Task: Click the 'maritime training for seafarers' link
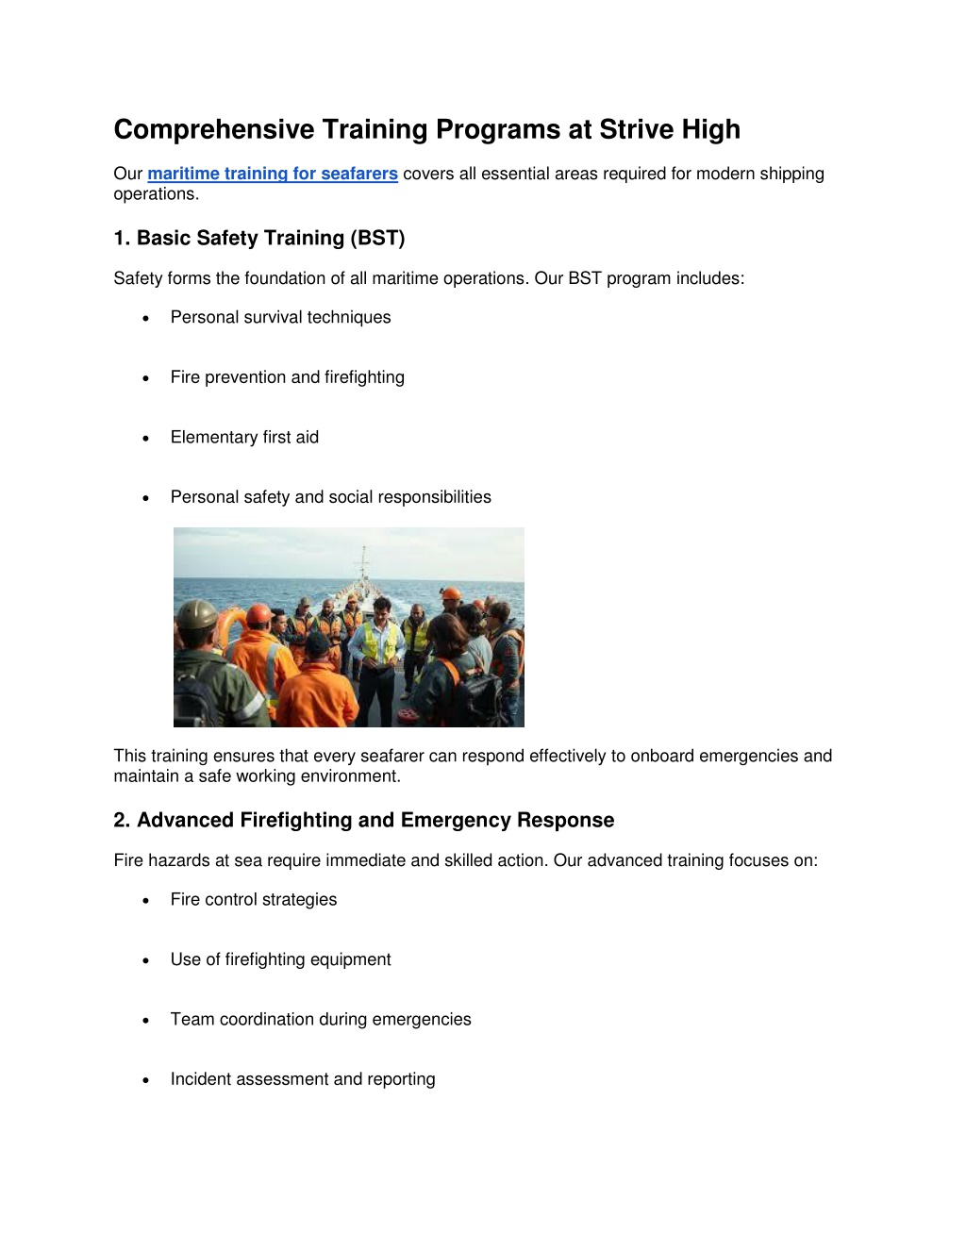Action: (x=272, y=174)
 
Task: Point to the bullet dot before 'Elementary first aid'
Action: (x=146, y=439)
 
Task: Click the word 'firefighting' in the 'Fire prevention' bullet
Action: (x=364, y=377)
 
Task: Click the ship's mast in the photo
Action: (x=364, y=564)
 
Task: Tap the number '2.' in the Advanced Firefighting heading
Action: (x=122, y=820)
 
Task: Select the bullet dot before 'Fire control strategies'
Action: (x=146, y=901)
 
